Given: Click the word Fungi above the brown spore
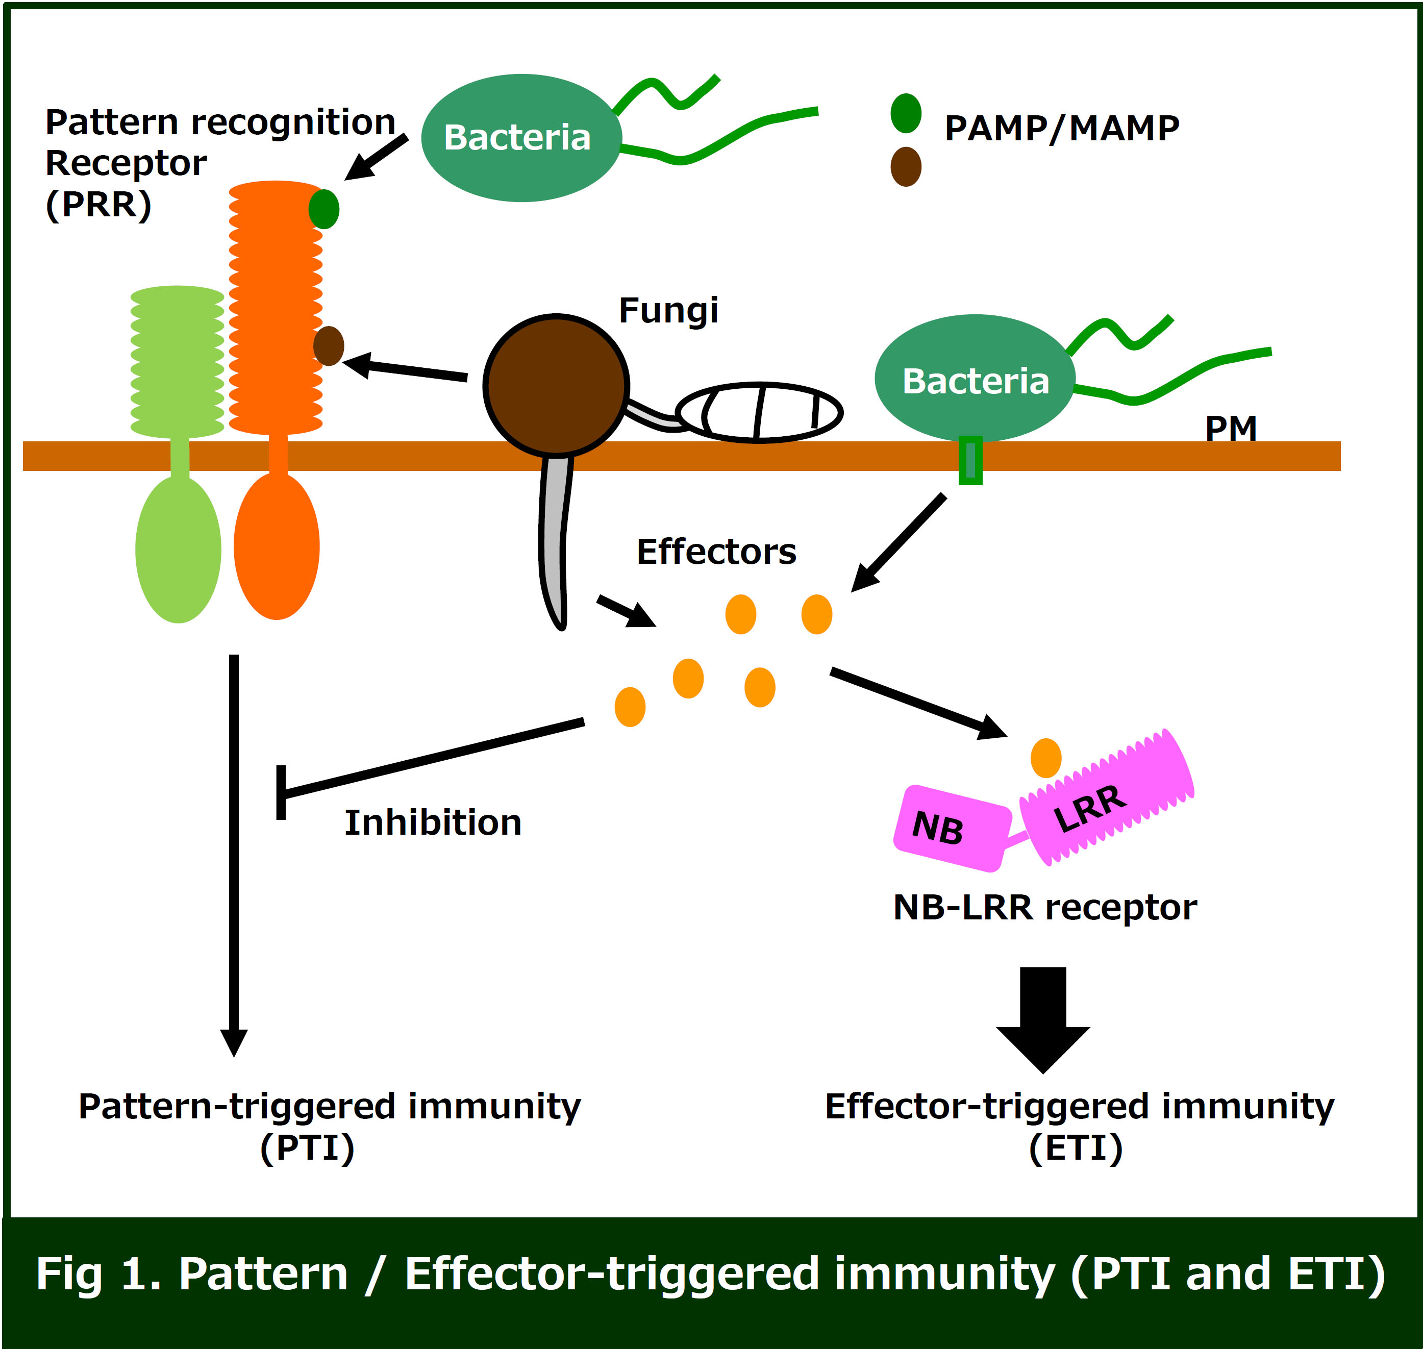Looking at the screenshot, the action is click(x=668, y=311).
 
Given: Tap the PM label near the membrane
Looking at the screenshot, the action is click(x=1230, y=429).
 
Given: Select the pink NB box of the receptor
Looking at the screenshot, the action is click(x=952, y=828).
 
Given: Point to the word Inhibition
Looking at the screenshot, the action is click(x=433, y=822).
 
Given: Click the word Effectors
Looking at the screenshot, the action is click(x=716, y=552).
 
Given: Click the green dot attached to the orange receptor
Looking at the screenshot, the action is click(x=323, y=209).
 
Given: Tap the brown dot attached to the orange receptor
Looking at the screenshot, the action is click(x=329, y=346).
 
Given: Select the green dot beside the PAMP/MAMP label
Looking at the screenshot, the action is click(x=906, y=113).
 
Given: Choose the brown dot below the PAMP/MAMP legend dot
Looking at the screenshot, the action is click(x=906, y=167).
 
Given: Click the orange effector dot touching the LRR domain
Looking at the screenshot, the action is click(x=1045, y=758).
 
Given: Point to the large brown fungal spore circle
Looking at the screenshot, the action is click(x=556, y=385).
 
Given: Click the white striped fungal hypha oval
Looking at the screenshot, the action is click(x=759, y=412).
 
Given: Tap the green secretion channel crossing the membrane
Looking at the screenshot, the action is click(x=970, y=460).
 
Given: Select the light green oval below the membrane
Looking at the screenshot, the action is click(x=179, y=549).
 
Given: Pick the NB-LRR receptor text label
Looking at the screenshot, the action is click(x=1045, y=908).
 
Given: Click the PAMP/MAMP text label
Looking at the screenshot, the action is click(x=1062, y=129).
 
